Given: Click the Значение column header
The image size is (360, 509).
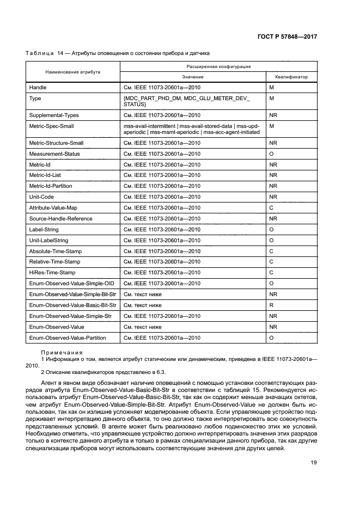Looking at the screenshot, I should pyautogui.click(x=193, y=77).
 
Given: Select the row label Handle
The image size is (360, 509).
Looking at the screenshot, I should pyautogui.click(x=38, y=87).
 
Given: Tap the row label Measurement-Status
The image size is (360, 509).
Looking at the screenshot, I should pyautogui.click(x=54, y=154).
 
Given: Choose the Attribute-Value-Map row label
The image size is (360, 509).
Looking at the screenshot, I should pyautogui.click(x=52, y=207).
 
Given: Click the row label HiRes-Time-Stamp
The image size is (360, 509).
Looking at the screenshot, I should pyautogui.click(x=52, y=272).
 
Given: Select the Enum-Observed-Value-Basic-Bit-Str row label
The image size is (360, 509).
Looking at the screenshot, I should pyautogui.click(x=72, y=305).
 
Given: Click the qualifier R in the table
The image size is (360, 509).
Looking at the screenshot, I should pyautogui.click(x=272, y=305).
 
